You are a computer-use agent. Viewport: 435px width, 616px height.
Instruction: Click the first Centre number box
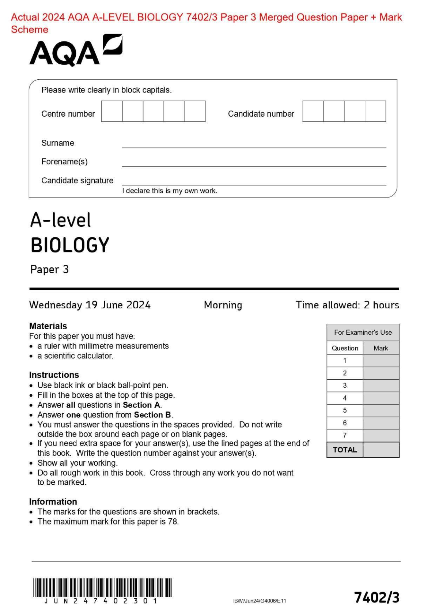click(112, 111)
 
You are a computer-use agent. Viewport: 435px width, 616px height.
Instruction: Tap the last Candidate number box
click(375, 111)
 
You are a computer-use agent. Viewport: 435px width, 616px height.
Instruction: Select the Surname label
click(58, 143)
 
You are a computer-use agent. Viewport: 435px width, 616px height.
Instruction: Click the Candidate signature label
click(77, 180)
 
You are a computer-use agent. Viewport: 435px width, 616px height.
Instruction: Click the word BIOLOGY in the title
click(70, 245)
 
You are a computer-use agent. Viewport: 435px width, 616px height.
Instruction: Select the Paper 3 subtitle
click(49, 270)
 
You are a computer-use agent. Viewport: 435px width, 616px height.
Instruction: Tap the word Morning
click(223, 305)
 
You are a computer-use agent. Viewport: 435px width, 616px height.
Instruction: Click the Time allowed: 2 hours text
click(347, 305)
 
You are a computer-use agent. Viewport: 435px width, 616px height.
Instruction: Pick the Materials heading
click(48, 326)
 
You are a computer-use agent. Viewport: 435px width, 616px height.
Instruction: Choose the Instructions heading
click(54, 375)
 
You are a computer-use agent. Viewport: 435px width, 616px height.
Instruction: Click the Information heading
click(53, 502)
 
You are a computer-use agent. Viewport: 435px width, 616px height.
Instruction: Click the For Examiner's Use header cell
click(363, 333)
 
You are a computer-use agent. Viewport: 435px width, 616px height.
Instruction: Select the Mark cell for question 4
click(381, 398)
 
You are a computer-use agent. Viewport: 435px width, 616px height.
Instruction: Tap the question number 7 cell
click(345, 435)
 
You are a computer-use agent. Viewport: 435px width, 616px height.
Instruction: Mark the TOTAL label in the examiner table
click(345, 450)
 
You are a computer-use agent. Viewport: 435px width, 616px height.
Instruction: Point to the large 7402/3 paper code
click(377, 597)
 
